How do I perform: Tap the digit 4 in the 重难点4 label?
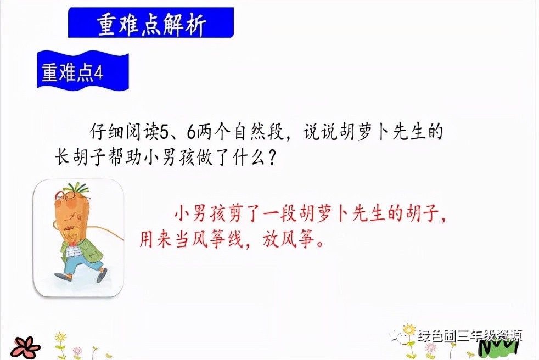coord(99,72)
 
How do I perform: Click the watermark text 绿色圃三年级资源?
coord(469,336)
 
